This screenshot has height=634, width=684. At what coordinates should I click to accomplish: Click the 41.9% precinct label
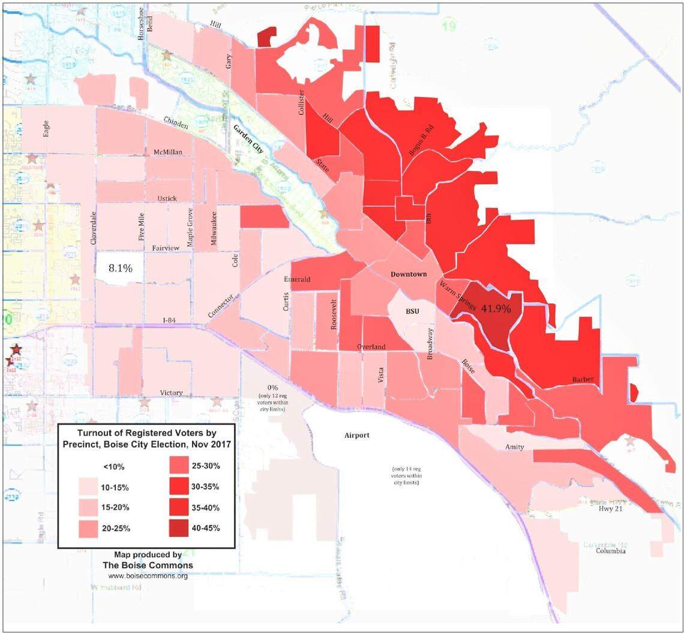[495, 309]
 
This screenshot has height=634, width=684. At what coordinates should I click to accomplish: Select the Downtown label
[409, 274]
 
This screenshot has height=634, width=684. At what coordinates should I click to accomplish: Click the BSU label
[412, 311]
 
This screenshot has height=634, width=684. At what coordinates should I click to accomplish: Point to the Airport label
[357, 436]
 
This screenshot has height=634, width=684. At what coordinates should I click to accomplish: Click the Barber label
[583, 380]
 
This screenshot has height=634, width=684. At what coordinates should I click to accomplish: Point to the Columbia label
[610, 551]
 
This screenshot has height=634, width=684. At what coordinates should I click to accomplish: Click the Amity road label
[514, 447]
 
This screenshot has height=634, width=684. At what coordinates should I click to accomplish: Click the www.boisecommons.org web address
[148, 576]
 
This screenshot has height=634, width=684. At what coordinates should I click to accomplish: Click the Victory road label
[171, 393]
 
